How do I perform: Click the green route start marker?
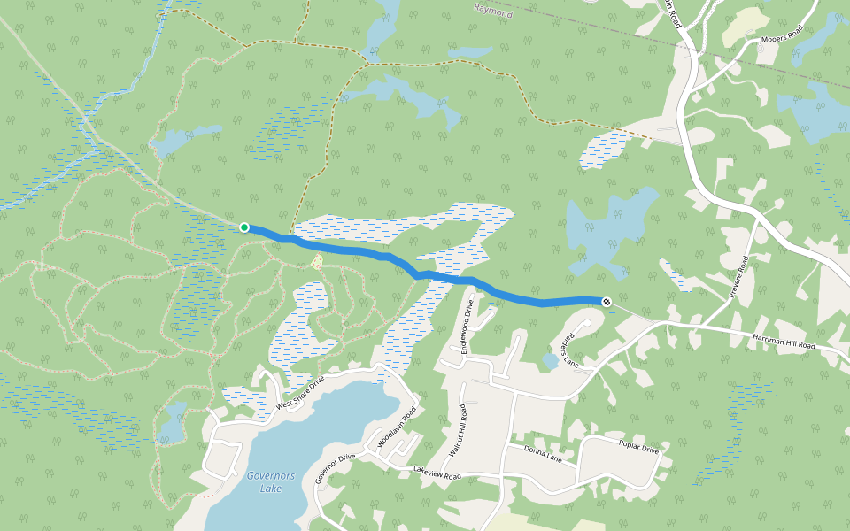(x=244, y=227)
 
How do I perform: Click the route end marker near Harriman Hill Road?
(x=607, y=302)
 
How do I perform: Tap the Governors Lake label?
(x=271, y=481)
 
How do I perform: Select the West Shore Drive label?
(x=300, y=391)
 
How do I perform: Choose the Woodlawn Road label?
(x=396, y=428)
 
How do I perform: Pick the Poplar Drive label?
(x=638, y=449)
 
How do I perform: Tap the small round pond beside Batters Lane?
(x=551, y=361)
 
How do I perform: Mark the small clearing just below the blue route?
(x=317, y=262)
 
